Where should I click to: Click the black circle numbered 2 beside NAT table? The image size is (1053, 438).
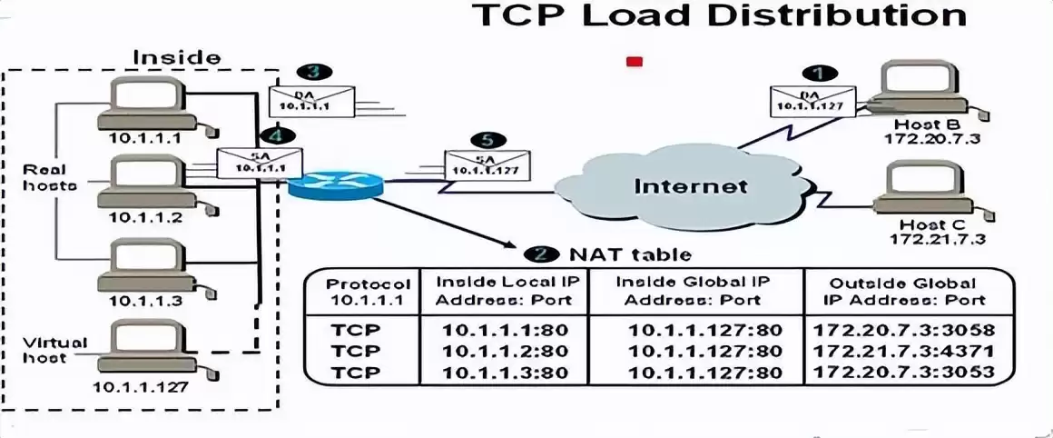[540, 254]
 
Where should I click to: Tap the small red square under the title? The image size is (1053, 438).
[635, 62]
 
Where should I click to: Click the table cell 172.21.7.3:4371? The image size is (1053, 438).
[904, 351]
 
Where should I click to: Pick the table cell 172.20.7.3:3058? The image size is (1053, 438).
[904, 330]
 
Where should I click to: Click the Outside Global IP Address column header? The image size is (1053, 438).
[904, 291]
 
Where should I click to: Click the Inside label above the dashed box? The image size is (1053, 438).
[176, 57]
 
